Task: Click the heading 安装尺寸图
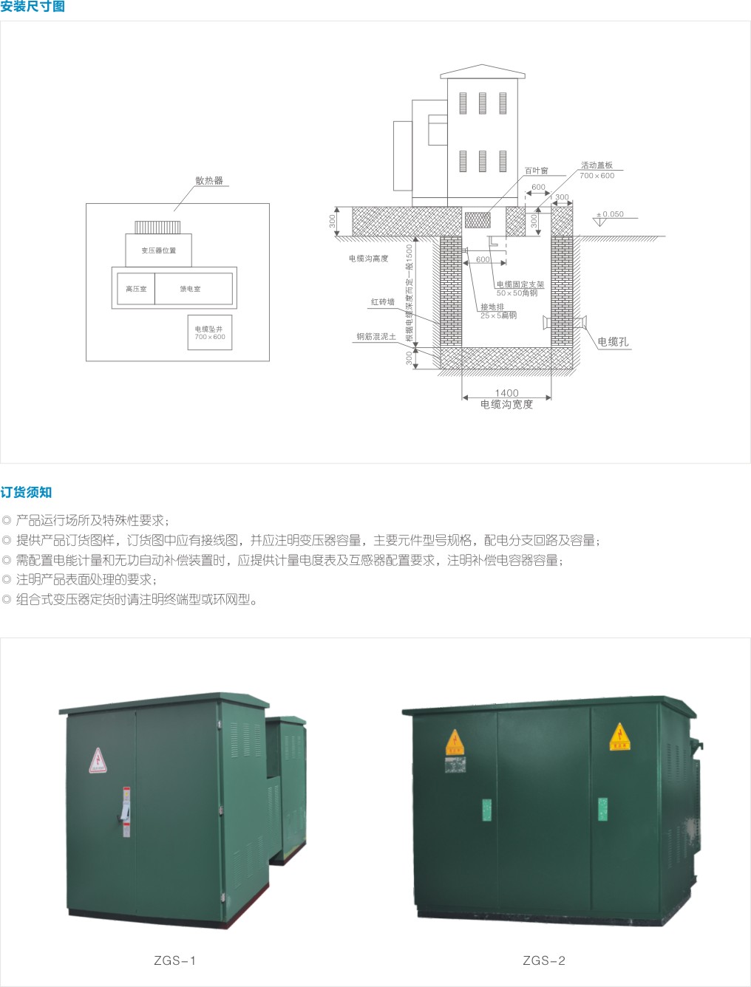(33, 7)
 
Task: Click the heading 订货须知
(26, 492)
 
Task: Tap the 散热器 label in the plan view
(209, 180)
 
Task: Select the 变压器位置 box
(159, 250)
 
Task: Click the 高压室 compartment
(136, 289)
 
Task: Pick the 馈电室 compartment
(191, 289)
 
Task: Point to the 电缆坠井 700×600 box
(210, 332)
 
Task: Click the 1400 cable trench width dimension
(506, 393)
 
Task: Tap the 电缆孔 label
(613, 341)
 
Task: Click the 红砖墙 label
(383, 301)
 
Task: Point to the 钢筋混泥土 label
(376, 336)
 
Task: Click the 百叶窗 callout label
(536, 171)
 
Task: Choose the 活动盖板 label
(597, 165)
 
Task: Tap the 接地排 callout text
(492, 307)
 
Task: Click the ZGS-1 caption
(175, 960)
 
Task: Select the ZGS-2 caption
(544, 960)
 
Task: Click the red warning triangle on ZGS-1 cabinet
(98, 760)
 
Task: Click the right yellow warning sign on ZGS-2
(619, 737)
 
